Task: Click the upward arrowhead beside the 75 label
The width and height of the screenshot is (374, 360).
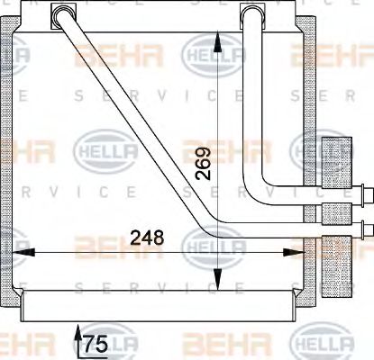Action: point(77,334)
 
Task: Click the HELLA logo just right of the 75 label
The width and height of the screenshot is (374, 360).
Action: point(132,343)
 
